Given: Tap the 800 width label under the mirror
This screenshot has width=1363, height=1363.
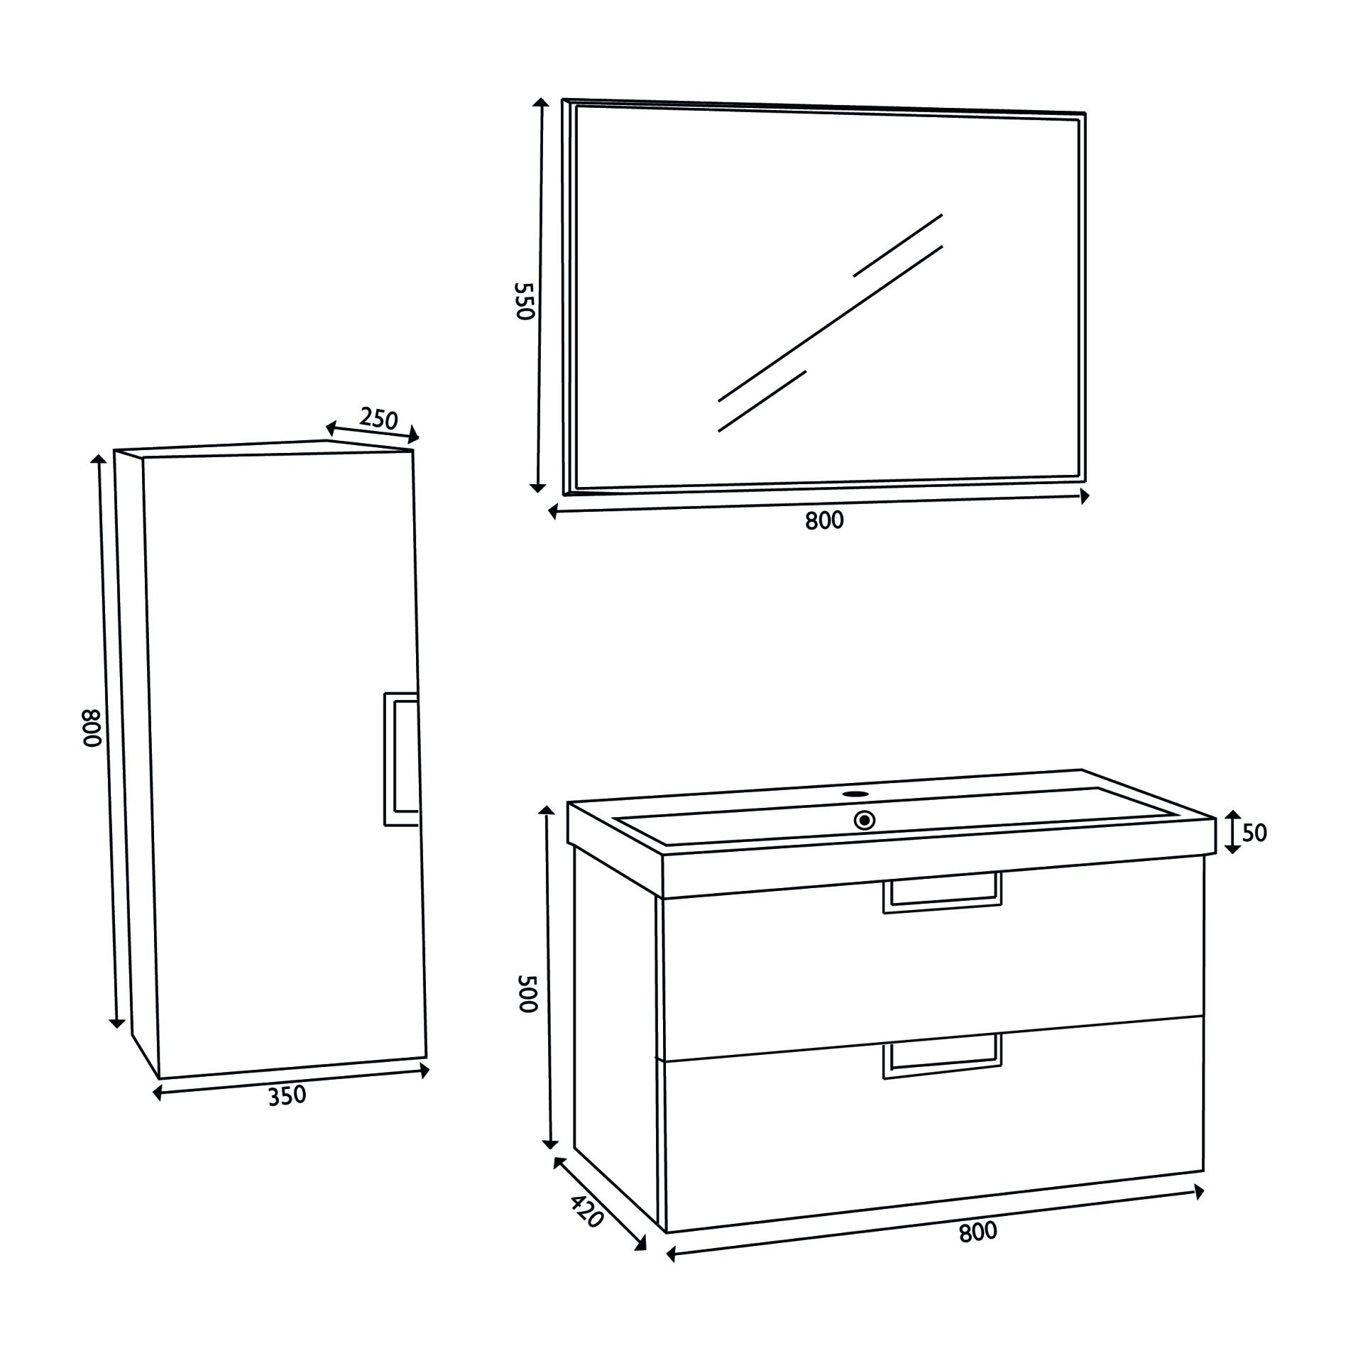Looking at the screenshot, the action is point(825,521).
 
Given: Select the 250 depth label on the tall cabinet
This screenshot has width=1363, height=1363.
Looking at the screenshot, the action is point(378,419).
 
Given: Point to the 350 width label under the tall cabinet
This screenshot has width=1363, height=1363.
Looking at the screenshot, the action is point(287,1096).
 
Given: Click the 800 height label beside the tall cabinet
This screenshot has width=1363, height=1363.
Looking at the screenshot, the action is point(93,728).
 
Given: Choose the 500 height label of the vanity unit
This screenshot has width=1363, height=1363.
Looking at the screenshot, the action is point(529,992).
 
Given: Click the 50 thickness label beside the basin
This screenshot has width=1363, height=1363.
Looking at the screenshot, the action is point(1255,833).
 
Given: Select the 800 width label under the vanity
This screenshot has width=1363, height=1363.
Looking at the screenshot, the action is point(978,1232).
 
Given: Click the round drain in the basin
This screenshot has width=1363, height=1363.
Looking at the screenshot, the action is point(865,821).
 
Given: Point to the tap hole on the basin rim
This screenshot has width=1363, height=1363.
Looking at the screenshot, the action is point(856,793).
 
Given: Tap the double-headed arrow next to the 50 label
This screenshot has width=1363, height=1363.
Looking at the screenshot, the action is point(1233,832).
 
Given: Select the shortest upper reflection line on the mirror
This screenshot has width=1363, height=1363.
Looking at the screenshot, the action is point(898,246).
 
